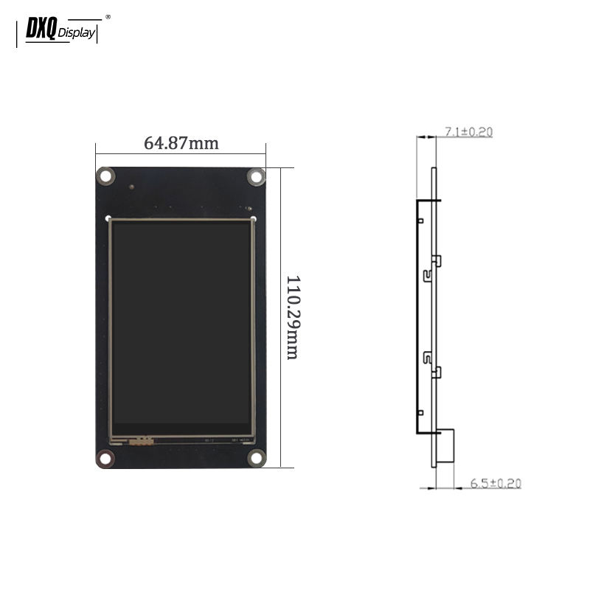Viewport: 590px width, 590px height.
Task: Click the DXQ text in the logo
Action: [41, 28]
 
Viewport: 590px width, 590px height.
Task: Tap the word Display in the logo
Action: [77, 33]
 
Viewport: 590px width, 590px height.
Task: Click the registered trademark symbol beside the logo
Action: [108, 17]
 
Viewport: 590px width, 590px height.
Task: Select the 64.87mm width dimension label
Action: [181, 143]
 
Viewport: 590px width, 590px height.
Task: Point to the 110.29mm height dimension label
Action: [293, 318]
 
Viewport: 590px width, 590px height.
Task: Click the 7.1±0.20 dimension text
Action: [468, 132]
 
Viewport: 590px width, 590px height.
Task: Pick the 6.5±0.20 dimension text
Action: [496, 483]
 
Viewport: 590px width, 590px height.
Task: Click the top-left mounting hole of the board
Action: [105, 176]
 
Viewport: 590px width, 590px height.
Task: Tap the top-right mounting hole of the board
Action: [256, 176]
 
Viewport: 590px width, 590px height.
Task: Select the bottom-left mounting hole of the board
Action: [105, 458]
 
